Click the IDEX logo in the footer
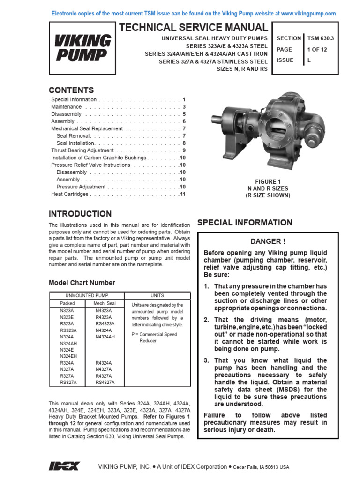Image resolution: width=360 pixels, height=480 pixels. point(64,466)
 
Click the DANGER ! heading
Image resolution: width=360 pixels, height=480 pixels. point(268,241)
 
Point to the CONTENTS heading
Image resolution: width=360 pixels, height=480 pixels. point(71,90)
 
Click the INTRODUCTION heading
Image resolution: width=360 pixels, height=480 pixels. point(80,214)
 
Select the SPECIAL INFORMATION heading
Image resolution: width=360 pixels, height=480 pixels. point(244,223)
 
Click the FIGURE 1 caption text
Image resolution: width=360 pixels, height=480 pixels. point(268,182)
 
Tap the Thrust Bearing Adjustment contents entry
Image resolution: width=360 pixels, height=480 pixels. point(82,150)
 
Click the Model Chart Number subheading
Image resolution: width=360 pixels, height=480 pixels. point(82,283)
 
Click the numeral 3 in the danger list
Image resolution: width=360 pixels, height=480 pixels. point(206,360)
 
